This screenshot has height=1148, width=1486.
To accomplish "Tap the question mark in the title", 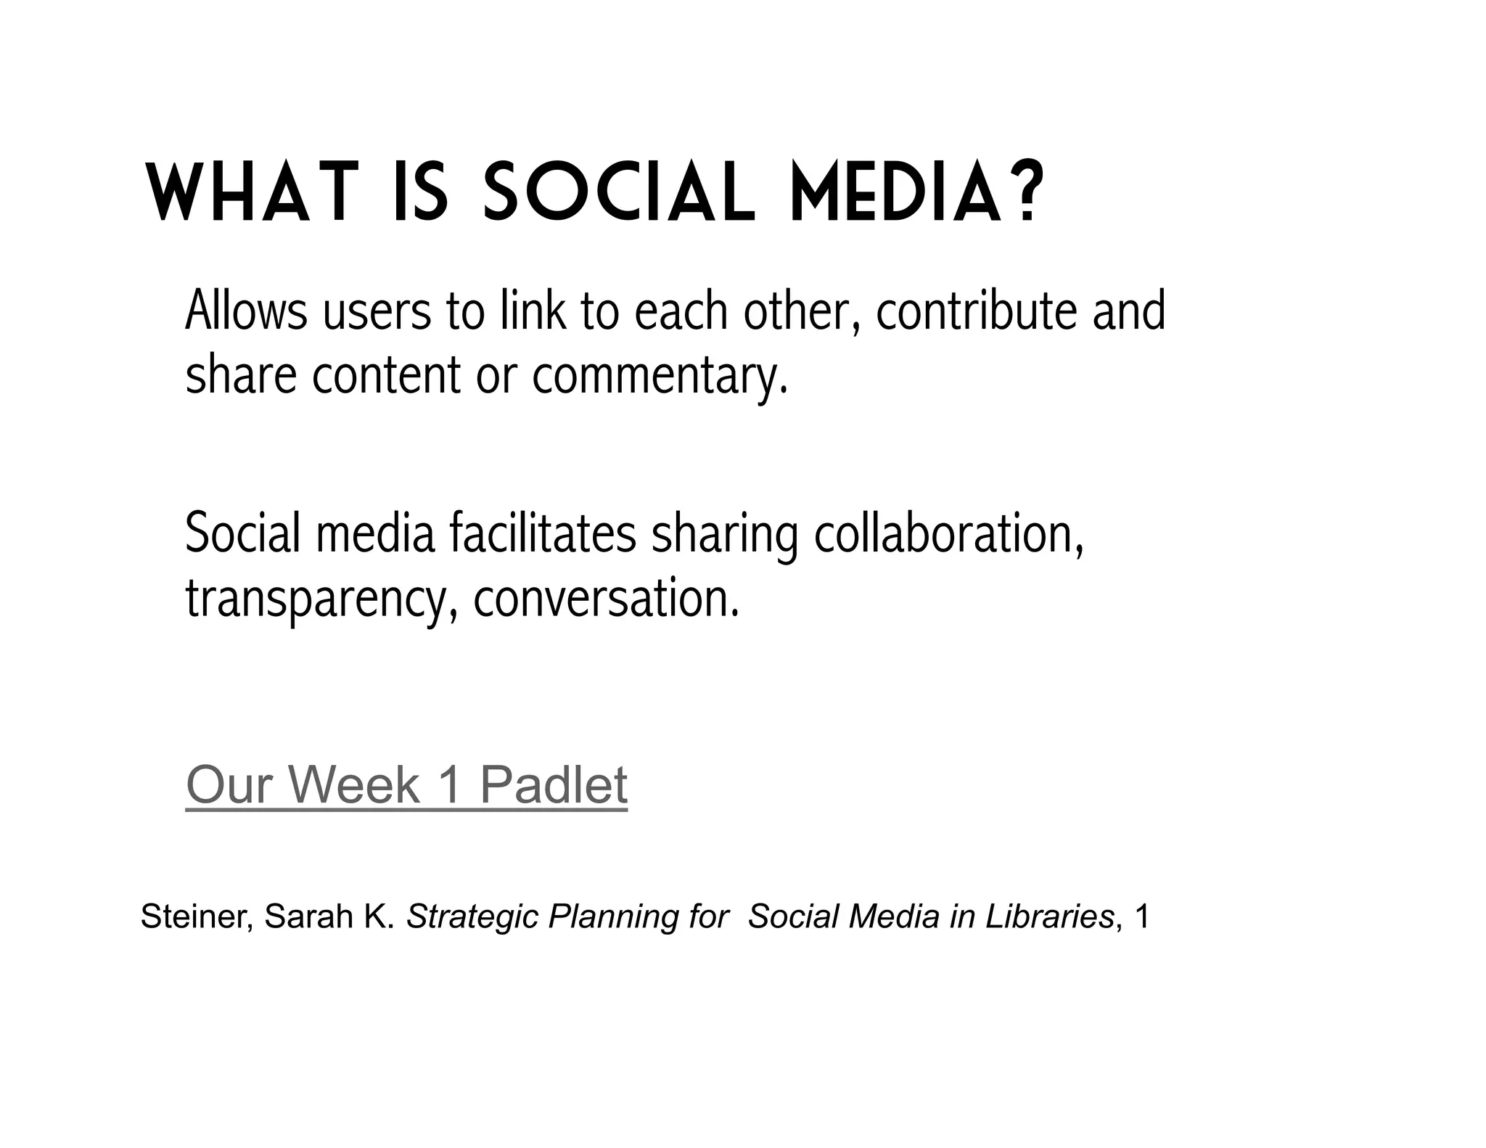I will (x=1025, y=193).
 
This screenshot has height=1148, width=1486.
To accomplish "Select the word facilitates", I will (x=542, y=534).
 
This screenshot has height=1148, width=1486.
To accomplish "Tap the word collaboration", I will (x=948, y=534).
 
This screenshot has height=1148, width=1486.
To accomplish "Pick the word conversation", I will (x=606, y=599).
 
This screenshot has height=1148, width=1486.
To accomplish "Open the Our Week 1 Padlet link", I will (x=406, y=785).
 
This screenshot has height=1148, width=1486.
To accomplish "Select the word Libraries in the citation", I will (x=1049, y=917).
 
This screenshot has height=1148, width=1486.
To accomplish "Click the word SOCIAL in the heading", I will (x=619, y=193).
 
